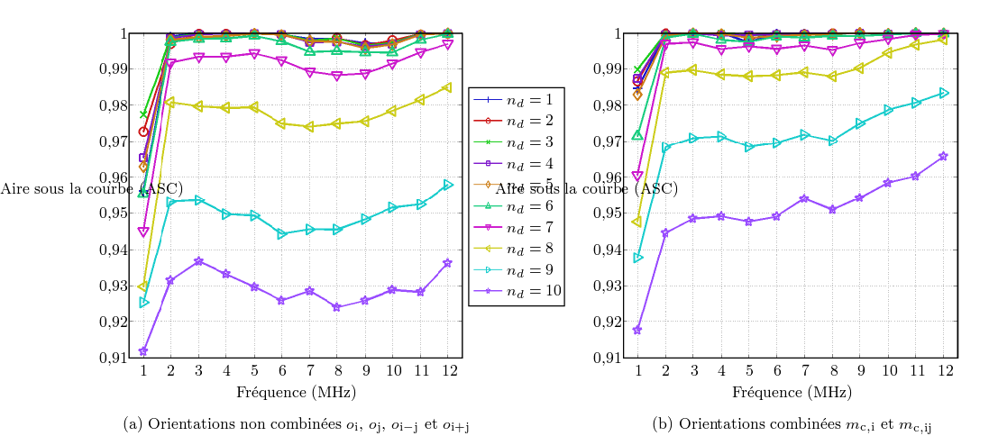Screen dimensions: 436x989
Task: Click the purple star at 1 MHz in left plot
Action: pos(143,351)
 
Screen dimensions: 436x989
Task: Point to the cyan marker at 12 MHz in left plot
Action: pos(448,185)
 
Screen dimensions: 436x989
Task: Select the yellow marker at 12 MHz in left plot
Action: pos(448,87)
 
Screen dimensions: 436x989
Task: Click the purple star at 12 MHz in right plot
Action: pos(943,156)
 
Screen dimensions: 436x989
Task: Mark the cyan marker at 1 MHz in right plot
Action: pos(638,258)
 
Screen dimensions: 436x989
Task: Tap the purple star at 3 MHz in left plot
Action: pos(199,261)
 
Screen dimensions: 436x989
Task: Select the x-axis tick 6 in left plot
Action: pos(282,370)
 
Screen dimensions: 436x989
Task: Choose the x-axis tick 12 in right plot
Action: pos(943,370)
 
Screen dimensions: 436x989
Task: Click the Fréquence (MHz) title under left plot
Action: pos(296,393)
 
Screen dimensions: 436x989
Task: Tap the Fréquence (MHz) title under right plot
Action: pos(792,393)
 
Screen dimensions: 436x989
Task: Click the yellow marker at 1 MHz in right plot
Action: pos(638,222)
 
